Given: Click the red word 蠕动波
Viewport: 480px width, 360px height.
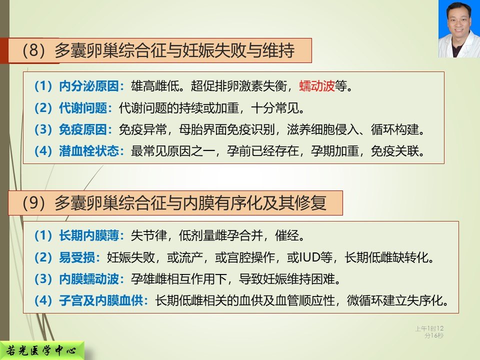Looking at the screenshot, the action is point(317,86).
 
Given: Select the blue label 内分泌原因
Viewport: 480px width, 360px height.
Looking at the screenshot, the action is point(89,86).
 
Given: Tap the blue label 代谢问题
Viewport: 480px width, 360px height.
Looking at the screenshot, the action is point(83,108).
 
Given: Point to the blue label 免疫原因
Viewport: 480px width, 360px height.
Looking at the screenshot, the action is point(83,129).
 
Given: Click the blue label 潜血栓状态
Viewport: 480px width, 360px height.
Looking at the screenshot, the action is point(89,151).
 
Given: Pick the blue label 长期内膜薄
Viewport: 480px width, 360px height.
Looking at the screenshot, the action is point(89,235).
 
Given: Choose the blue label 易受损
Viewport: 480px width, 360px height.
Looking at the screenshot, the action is point(77,257).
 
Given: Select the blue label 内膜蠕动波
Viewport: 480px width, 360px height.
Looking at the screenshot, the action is point(89,279).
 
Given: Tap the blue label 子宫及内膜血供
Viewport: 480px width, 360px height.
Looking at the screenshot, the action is point(101,300).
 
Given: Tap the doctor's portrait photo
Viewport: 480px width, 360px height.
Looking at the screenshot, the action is point(459,29).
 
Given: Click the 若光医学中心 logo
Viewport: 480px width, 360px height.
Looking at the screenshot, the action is point(41,350).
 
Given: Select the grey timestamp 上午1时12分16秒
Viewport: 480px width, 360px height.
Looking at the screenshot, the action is point(429,332).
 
